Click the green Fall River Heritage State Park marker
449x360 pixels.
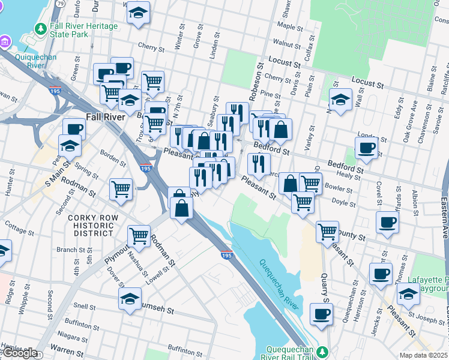(40, 29)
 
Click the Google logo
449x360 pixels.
(20, 353)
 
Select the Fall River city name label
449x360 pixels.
(105, 117)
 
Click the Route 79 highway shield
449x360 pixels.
(60, 3)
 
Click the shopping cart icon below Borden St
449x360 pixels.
(121, 189)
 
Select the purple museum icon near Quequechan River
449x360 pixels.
(5, 41)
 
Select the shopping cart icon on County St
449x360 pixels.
(328, 230)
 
